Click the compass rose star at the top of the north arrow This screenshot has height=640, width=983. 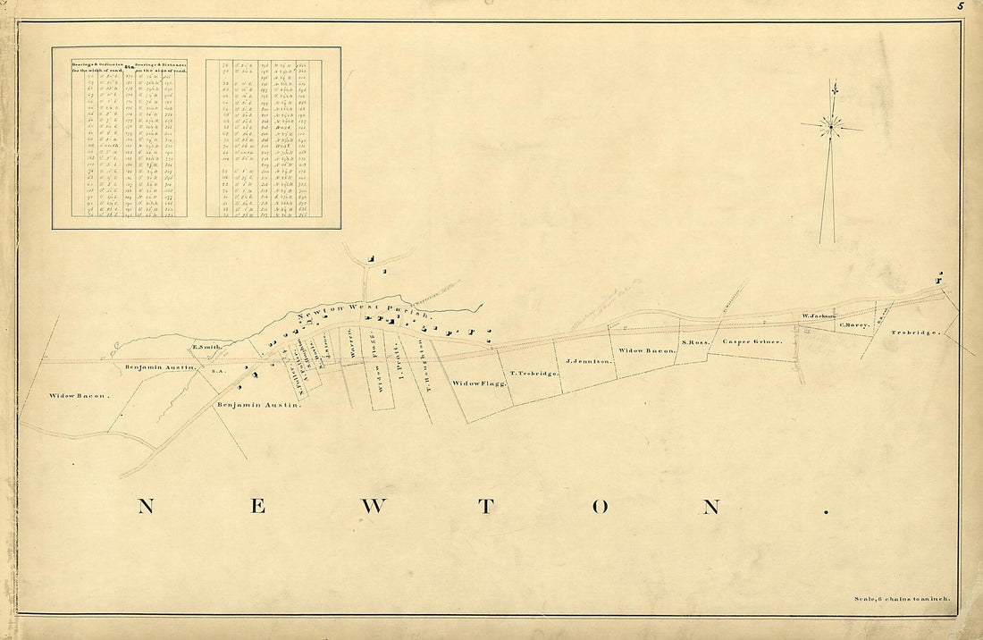point(830,127)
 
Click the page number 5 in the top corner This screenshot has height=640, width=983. point(962,5)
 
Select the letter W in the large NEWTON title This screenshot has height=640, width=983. point(374,507)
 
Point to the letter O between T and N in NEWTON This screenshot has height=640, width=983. point(600,507)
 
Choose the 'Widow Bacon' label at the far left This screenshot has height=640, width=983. point(79,394)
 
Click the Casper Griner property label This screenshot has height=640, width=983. point(752,341)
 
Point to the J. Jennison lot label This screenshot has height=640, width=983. point(589,361)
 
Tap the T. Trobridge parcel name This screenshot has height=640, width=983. point(534,373)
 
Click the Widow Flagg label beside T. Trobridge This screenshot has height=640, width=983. point(480,383)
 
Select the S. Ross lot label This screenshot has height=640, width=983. point(694,342)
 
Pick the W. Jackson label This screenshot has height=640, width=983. point(818,316)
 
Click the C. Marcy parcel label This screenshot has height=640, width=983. point(854,324)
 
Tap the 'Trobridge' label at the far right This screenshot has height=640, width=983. point(915,333)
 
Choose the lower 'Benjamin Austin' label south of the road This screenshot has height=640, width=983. point(259,405)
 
